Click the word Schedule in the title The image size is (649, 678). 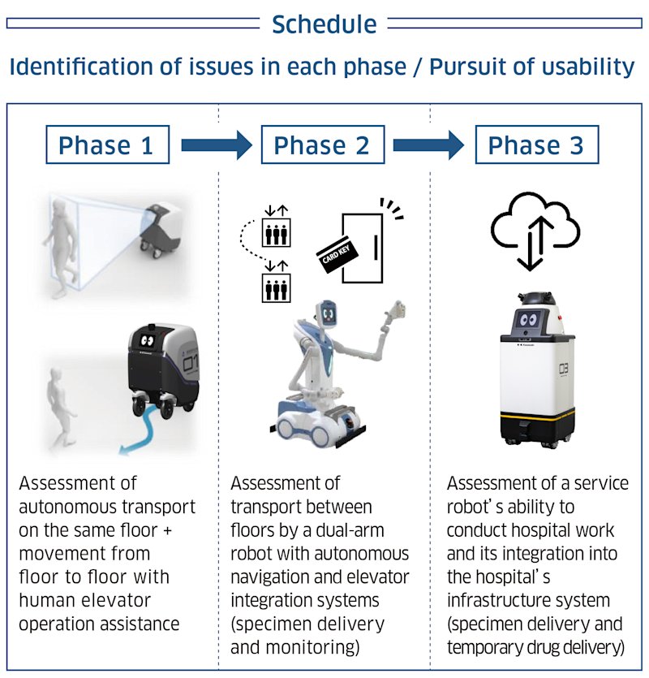[x=324, y=24]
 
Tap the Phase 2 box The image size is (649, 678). [x=321, y=145]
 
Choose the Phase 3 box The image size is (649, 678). [x=535, y=145]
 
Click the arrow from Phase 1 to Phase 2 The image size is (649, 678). [x=216, y=146]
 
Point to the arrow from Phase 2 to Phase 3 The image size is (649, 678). [x=428, y=146]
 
